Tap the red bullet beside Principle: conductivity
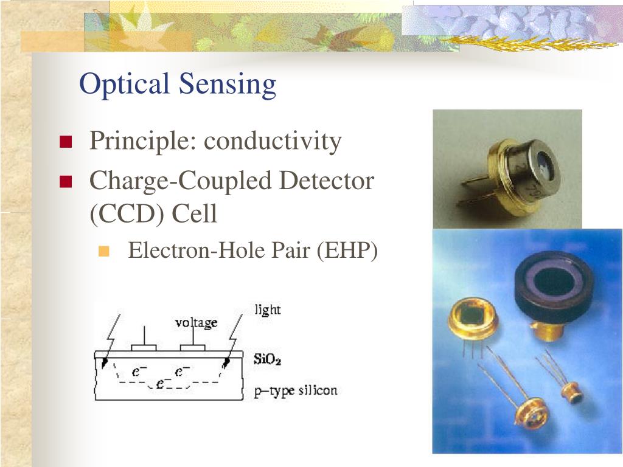point(66,143)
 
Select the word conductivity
point(273,142)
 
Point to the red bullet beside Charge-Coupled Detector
point(66,181)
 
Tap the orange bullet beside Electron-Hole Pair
point(103,251)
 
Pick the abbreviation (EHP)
point(347,251)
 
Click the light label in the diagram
point(268,310)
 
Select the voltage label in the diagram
point(196,322)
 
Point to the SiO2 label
point(267,359)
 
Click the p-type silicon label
point(295,390)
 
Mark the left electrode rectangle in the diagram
point(144,348)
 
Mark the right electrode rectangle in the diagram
point(192,348)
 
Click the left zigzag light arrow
point(110,341)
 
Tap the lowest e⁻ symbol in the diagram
point(163,384)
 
